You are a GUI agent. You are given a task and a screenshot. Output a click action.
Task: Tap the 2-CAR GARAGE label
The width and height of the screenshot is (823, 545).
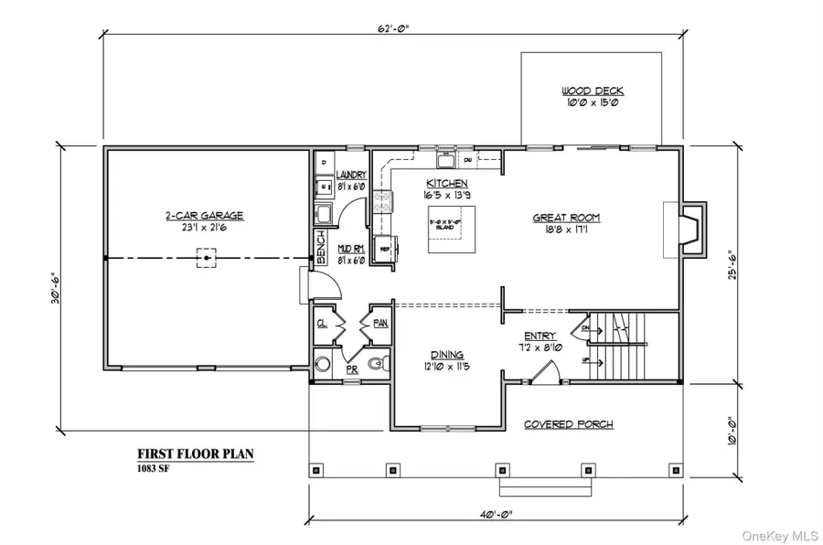click(204, 216)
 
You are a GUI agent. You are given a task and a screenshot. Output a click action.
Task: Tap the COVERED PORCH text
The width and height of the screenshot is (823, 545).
click(568, 424)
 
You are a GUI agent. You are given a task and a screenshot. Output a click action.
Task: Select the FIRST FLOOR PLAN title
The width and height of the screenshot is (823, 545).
click(196, 454)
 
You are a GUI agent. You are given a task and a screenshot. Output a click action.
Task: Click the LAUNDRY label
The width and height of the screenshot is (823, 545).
click(351, 175)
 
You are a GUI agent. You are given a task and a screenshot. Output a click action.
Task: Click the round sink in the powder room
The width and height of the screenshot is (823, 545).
click(322, 365)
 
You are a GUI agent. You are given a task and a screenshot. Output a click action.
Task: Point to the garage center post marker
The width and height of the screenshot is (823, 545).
click(208, 259)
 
